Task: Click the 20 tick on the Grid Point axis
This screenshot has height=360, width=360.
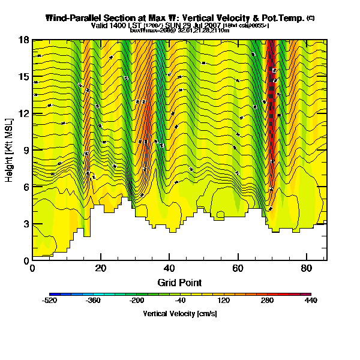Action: (x=101, y=268)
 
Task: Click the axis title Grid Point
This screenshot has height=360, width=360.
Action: (x=179, y=282)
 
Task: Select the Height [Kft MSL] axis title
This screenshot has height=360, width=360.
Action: (x=10, y=150)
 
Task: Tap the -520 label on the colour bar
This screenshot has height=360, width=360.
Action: (x=50, y=300)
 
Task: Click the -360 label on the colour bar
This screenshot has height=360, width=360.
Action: (x=93, y=300)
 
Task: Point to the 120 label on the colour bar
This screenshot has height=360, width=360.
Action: (x=223, y=300)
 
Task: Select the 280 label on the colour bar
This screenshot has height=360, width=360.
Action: (x=267, y=300)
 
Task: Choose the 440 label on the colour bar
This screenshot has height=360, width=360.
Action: (x=310, y=300)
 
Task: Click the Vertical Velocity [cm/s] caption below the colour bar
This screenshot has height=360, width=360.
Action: (x=180, y=313)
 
